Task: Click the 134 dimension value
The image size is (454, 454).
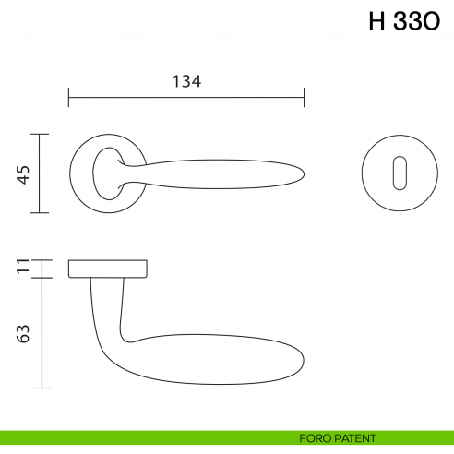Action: [186, 81]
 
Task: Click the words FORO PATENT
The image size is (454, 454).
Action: [338, 438]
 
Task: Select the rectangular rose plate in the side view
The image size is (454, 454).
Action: [108, 269]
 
